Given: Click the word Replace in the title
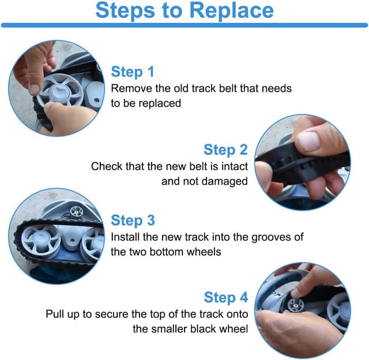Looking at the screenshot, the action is (231, 11).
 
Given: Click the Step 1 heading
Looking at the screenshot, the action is (133, 72).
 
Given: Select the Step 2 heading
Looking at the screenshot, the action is (225, 149).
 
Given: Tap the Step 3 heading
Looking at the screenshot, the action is (133, 220).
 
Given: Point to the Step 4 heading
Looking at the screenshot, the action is (226, 297).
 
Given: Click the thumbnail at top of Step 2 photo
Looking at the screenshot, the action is (308, 141).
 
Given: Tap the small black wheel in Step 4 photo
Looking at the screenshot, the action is (296, 305).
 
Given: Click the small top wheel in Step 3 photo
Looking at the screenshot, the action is (76, 211).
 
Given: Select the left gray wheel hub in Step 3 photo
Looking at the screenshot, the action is (41, 239).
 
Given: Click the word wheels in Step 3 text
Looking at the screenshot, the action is (204, 252).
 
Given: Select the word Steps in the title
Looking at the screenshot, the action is (125, 11).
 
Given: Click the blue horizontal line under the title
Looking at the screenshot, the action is (184, 25).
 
